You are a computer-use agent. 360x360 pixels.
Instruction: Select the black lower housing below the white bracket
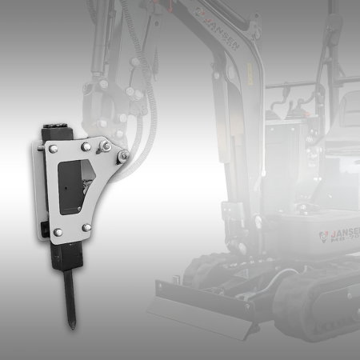click(67, 258)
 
